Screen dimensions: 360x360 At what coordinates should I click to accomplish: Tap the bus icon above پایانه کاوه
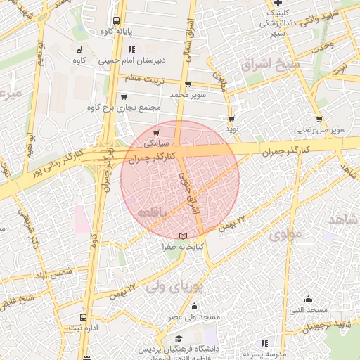coord(116,21)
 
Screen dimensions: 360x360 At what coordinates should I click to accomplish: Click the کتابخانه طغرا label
coord(184,247)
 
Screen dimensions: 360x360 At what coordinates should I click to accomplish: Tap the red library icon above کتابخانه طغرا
coord(184,236)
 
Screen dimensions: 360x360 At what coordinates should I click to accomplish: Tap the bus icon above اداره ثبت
coord(84,317)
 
